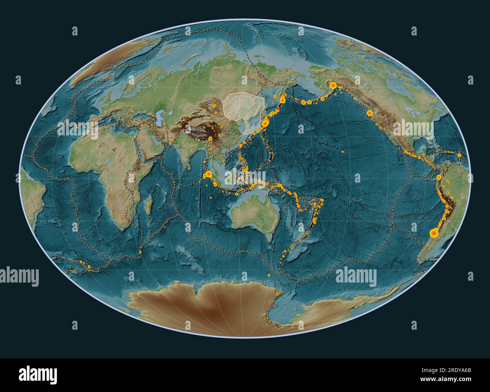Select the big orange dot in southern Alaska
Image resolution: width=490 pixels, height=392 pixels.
coord(333,86)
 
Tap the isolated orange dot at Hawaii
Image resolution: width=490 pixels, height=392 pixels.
coord(342,152)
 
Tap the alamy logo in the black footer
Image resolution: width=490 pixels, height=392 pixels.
coord(38,375)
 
